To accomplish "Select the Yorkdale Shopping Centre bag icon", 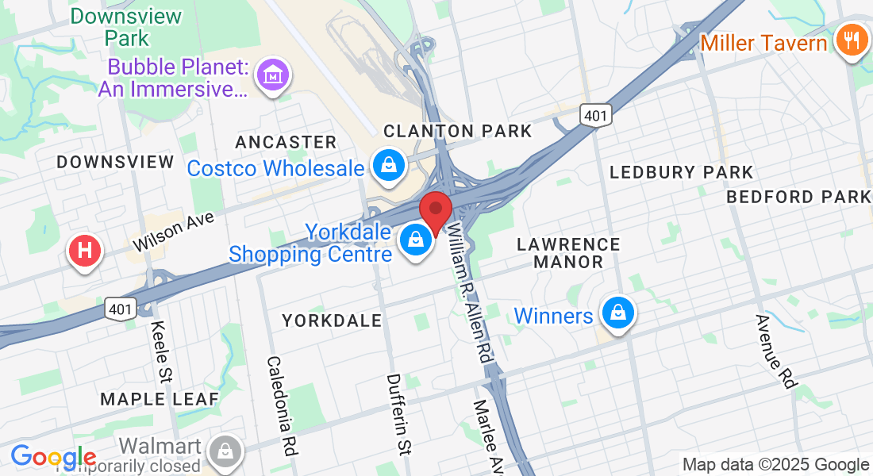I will click(x=415, y=239).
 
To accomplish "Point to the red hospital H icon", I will click(x=86, y=251).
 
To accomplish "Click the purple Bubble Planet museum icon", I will click(x=273, y=76).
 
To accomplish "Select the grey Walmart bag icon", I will click(x=225, y=451).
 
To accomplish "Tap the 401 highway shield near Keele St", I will click(x=121, y=309).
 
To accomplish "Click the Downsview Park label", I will click(x=126, y=26).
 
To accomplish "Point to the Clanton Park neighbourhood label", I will click(x=458, y=131).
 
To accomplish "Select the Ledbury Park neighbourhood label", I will click(x=681, y=172).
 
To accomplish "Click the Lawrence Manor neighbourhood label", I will click(x=568, y=252).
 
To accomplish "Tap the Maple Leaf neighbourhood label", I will click(x=160, y=399).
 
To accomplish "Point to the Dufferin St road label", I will click(x=398, y=414).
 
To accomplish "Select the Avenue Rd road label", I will click(x=775, y=351).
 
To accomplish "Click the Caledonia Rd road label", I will click(x=282, y=405).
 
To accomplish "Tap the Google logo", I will click(x=52, y=457).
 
